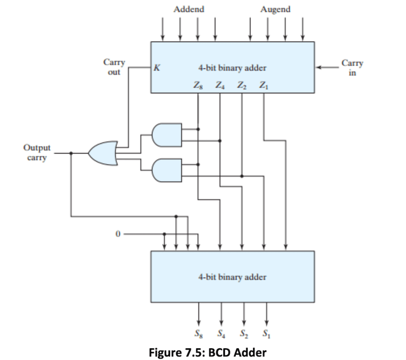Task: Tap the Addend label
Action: (x=189, y=9)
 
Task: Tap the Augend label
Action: (x=275, y=9)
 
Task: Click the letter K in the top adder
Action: (x=156, y=68)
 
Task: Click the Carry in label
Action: (x=352, y=68)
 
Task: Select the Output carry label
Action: (x=36, y=152)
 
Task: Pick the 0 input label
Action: (x=117, y=234)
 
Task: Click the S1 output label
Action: (x=266, y=336)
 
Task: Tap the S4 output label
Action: (x=221, y=336)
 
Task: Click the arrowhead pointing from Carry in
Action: (x=318, y=68)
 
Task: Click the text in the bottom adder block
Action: (x=232, y=277)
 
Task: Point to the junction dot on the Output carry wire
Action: (x=72, y=153)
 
